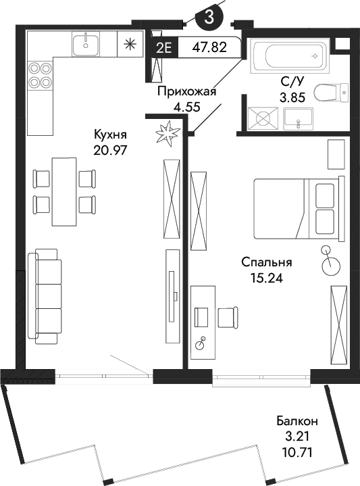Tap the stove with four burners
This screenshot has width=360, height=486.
[x=40, y=74]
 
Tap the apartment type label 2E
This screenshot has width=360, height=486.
[x=163, y=48]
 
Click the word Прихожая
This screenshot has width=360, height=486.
[x=186, y=92]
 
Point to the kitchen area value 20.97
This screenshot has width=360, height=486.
[x=111, y=149]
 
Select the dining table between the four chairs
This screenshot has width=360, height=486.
[x=64, y=191]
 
